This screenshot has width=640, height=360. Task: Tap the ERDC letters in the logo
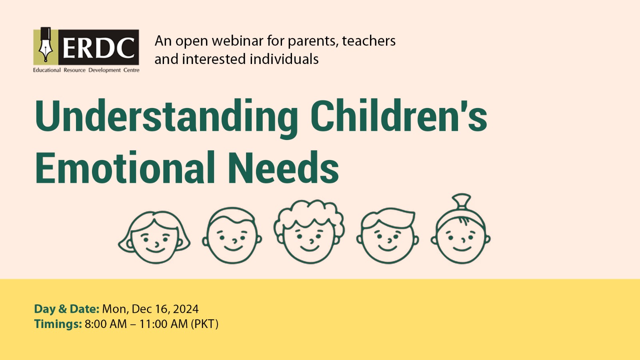pos(98,48)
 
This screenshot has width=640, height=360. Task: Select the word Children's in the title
pos(399,116)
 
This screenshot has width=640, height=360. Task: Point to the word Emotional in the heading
pos(125,168)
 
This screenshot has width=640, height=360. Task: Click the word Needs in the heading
pos(284,168)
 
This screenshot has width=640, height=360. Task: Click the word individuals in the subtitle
pos(284,59)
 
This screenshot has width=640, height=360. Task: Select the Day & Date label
pos(66,309)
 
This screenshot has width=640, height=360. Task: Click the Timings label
pos(58,324)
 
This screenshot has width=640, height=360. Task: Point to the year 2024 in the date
pos(186,309)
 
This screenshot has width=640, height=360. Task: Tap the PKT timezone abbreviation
pos(204,324)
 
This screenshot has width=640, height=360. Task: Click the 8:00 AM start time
pos(106,324)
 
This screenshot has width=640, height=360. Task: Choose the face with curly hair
pos(309,232)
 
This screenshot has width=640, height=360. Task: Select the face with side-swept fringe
pos(388,236)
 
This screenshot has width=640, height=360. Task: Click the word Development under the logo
pos(104,70)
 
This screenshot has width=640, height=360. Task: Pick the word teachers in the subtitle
pos(368,40)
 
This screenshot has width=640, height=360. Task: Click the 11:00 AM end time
pos(164,324)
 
